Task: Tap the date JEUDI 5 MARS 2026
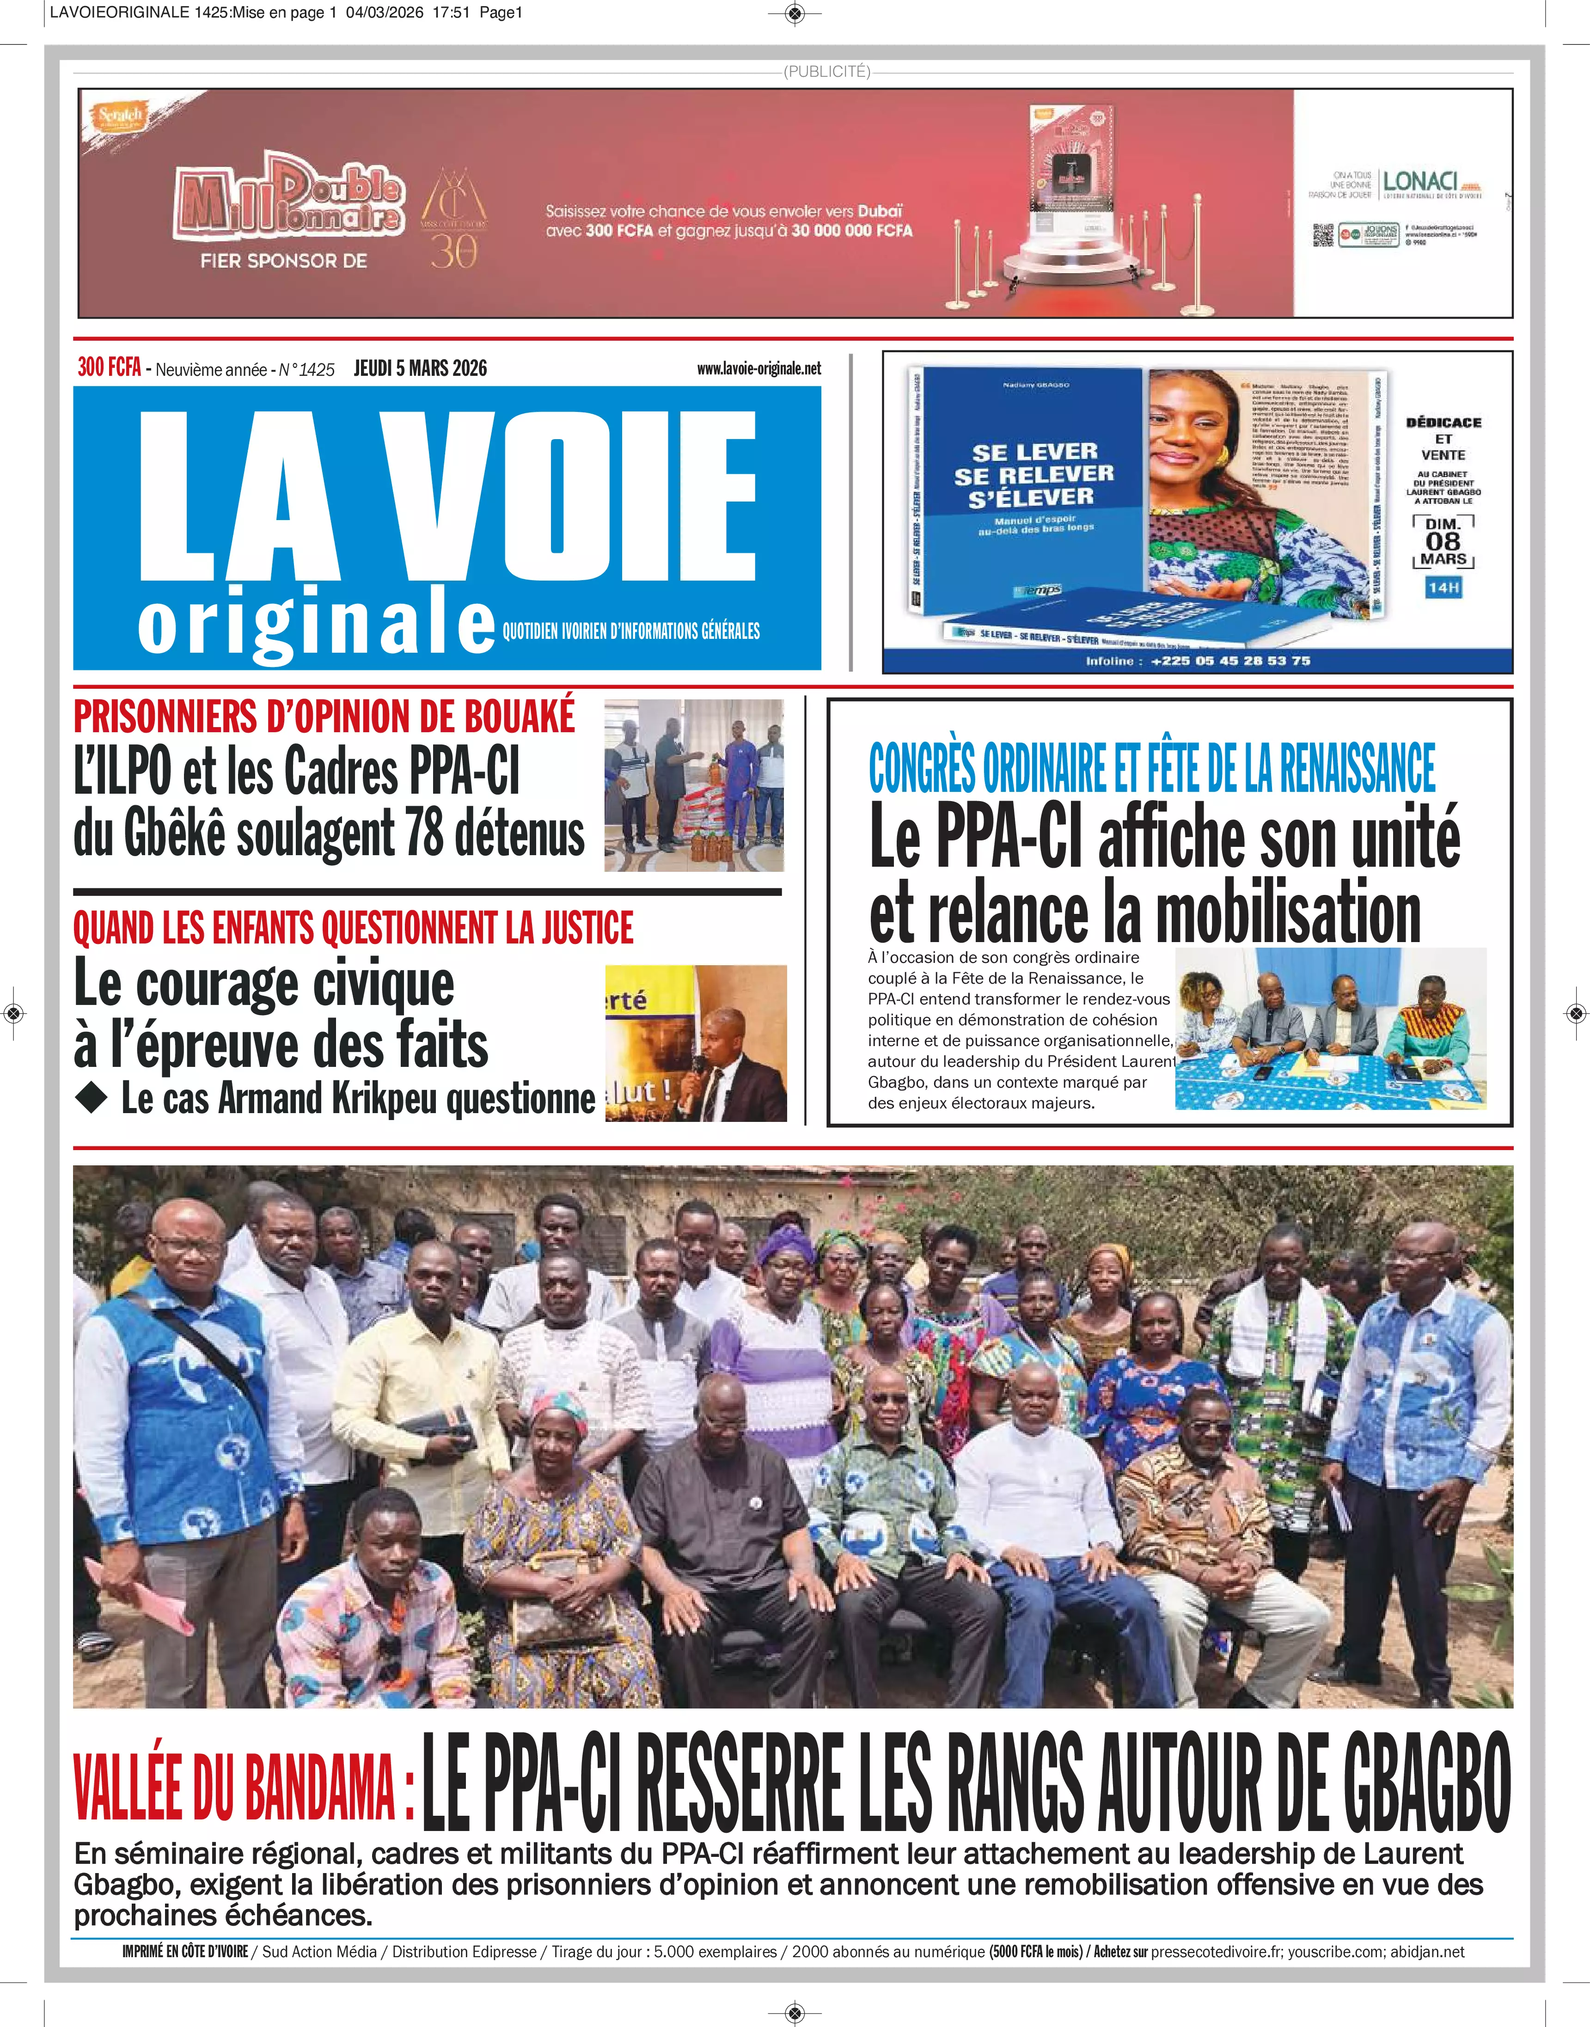point(420,368)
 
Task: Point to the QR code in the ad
point(1323,235)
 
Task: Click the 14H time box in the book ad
point(1443,588)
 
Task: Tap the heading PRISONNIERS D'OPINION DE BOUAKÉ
point(324,717)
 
